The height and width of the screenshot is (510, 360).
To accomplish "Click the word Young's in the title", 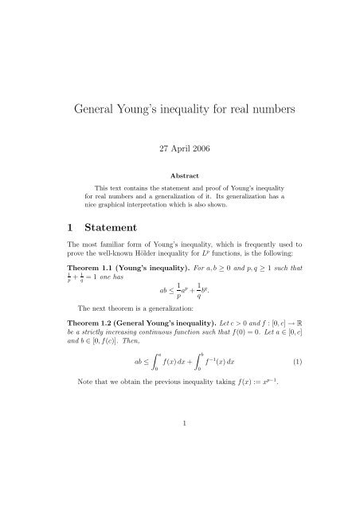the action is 138,108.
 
